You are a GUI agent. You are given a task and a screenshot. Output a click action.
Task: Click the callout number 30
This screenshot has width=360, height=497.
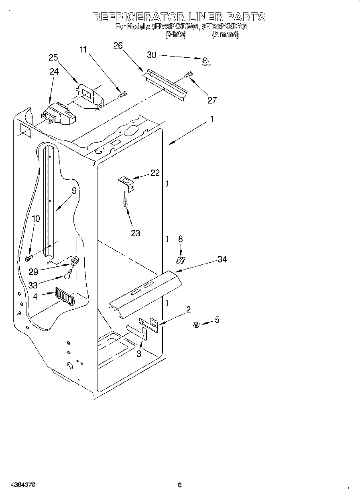coord(151,55)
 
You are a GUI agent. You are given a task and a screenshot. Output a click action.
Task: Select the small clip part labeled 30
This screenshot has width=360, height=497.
coord(206,61)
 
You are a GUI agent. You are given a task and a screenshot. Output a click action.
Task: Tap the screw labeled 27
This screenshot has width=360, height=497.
coord(188,75)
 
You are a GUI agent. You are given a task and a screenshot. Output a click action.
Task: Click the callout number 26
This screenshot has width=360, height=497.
coord(118,45)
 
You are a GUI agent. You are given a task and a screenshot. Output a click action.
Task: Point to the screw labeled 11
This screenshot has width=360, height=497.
coord(123,95)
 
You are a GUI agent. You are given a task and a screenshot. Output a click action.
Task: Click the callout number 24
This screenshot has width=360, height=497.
coord(54,71)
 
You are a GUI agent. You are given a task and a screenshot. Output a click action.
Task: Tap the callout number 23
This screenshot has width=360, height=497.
coord(135,233)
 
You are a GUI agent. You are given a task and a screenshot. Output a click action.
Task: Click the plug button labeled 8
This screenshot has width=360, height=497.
coord(181,260)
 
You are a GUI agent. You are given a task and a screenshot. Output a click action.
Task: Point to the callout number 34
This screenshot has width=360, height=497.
coord(222,260)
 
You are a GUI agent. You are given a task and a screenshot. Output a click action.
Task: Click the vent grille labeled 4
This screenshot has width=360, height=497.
coord(64,298)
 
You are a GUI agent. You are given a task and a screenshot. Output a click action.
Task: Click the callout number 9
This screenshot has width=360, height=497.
coord(74,191)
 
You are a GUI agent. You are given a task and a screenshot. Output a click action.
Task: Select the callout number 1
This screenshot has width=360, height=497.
coord(212,119)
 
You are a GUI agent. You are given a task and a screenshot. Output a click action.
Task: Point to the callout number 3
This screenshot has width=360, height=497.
coord(138,353)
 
